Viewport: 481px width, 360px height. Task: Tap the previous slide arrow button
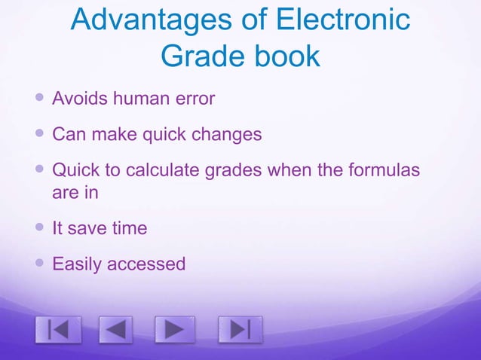114,330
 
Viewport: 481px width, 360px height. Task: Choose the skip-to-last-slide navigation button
240,330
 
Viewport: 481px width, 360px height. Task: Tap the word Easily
76,264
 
